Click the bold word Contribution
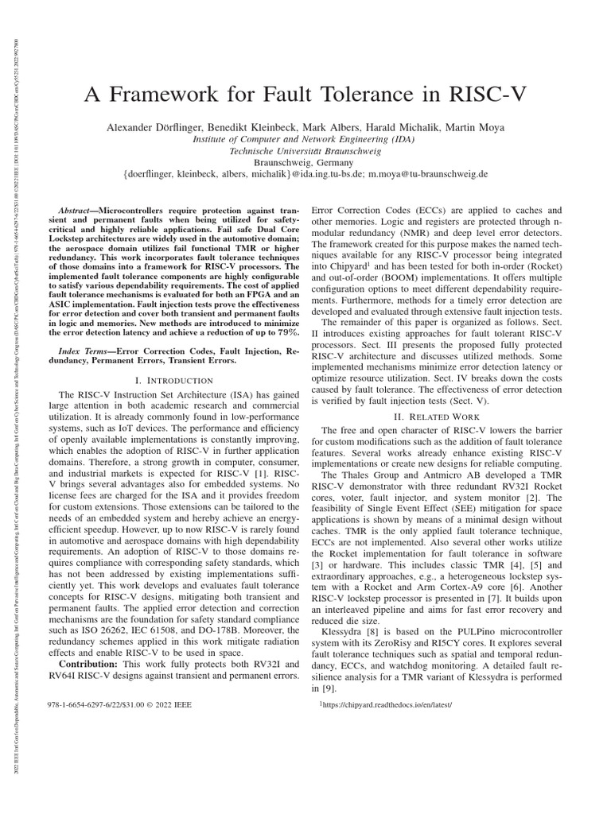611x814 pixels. (89, 664)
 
